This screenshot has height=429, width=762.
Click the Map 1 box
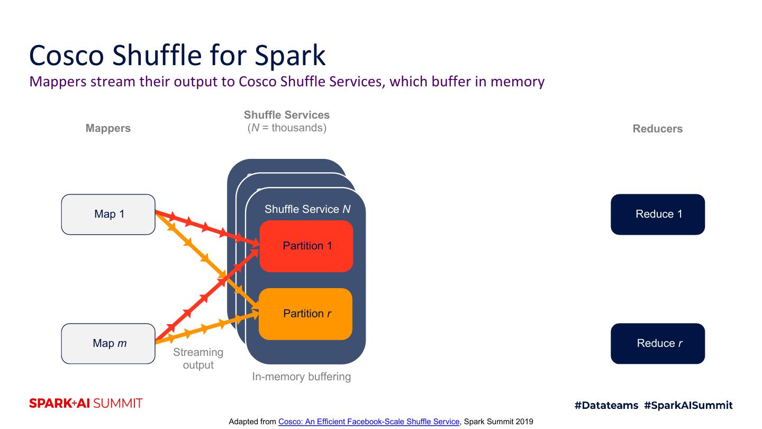coord(108,215)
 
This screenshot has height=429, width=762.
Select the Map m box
coord(108,344)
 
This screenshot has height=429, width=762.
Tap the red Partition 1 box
coord(306,246)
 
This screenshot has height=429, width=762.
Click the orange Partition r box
coord(306,314)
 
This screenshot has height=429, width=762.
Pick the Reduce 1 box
coord(658,215)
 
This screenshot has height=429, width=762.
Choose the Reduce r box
coord(658,344)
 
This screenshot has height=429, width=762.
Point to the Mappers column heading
coord(108,128)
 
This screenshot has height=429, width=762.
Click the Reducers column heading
coord(658,129)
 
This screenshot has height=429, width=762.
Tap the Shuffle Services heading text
coord(287,115)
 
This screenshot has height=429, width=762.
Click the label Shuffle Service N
coord(307,209)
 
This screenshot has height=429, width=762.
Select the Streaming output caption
coord(198,359)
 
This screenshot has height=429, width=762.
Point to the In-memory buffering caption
coord(301,377)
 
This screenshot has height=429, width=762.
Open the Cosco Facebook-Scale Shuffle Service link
coord(369,422)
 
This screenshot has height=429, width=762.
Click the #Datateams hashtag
coord(606,406)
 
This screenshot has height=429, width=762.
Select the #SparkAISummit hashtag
coord(688,406)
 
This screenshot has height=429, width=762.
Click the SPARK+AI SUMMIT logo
coord(86,404)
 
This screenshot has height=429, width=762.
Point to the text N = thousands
coord(287,128)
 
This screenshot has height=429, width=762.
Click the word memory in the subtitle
coord(517,82)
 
